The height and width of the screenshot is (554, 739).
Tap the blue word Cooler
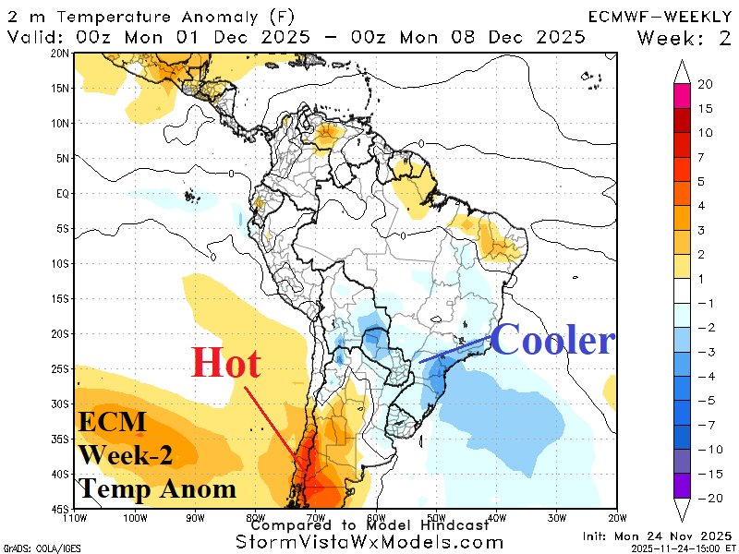click(552, 341)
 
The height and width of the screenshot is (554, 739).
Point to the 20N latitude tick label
click(60, 54)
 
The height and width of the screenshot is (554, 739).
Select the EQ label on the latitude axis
click(62, 194)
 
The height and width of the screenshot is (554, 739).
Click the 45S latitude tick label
click(60, 509)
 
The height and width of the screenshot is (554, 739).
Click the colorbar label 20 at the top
click(705, 85)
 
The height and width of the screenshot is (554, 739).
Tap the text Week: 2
click(684, 37)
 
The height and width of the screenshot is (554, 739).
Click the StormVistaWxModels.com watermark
click(369, 541)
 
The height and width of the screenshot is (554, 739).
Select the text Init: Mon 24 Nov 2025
click(655, 536)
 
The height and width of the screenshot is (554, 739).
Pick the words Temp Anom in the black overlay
click(157, 488)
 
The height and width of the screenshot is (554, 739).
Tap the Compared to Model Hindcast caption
click(369, 524)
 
